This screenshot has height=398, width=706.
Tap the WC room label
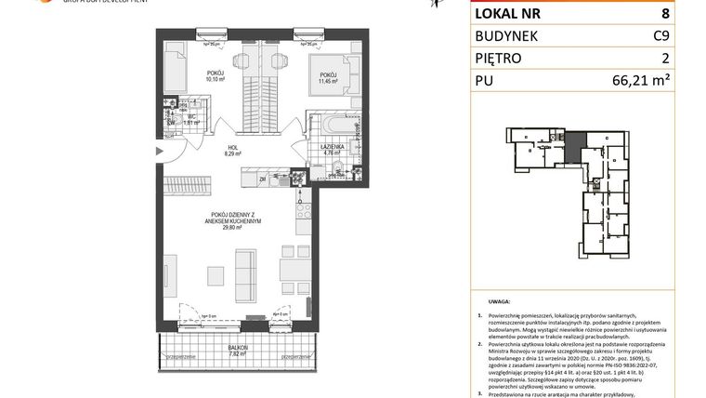pyautogui.click(x=190, y=118)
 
